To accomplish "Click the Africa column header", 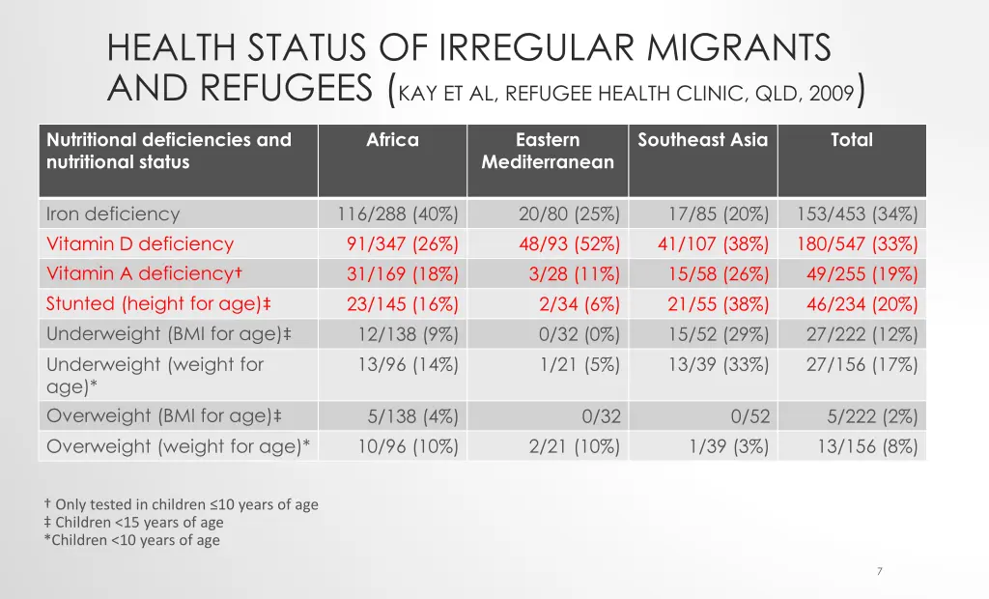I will click(392, 140).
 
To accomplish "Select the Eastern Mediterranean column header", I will click(548, 151).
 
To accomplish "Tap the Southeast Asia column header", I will click(702, 140).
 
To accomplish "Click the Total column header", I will click(851, 140).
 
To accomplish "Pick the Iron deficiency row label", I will click(113, 214).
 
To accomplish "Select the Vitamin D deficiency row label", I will click(140, 243).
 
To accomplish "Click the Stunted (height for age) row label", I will click(158, 303).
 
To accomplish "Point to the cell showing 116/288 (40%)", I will click(397, 214).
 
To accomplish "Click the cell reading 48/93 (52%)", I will click(569, 243).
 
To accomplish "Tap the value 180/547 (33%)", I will click(857, 243).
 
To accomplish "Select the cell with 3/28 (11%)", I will click(574, 274).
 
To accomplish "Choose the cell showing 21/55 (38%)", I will click(718, 303).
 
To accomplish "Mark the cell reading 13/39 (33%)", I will click(718, 364).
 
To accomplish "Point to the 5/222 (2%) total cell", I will click(872, 416).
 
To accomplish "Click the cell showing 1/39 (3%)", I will click(728, 446).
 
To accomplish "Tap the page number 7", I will click(879, 572).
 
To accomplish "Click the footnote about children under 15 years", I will click(133, 523).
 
